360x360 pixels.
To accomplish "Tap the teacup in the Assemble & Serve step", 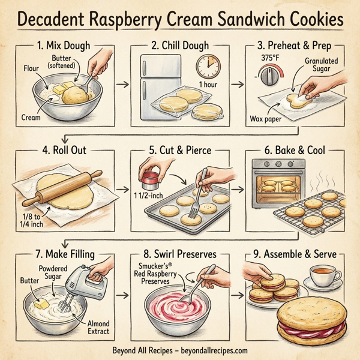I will pyautogui.click(x=323, y=278).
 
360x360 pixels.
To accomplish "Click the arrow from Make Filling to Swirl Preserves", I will pyautogui.click(x=124, y=296).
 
